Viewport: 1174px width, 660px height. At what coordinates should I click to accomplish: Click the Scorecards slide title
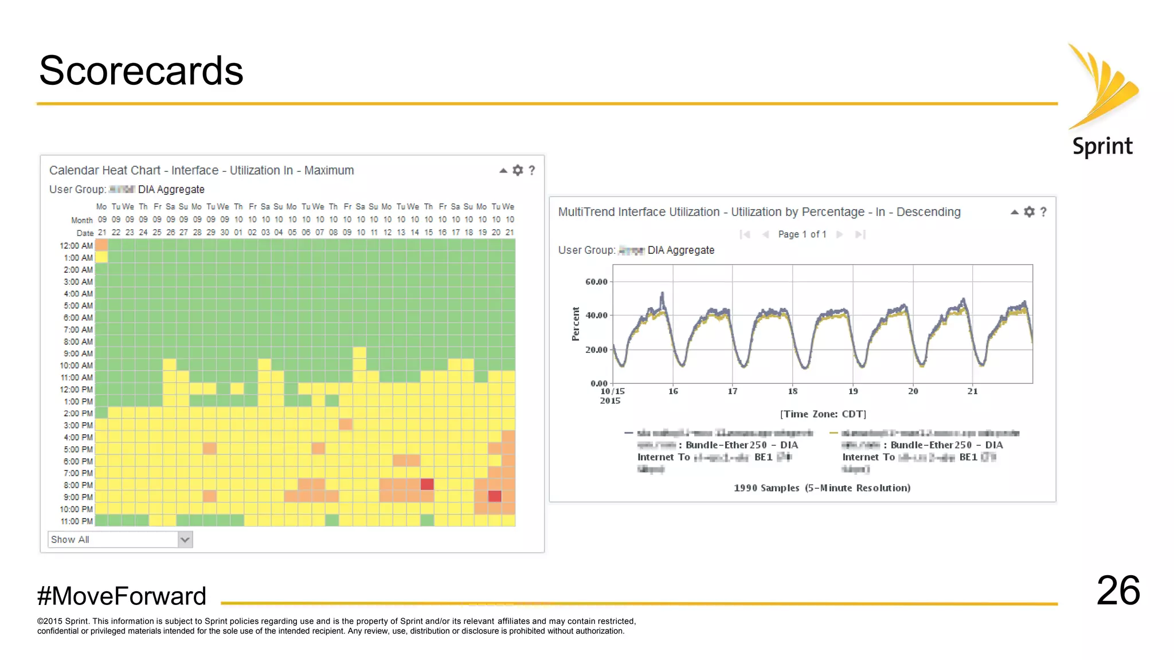coord(141,71)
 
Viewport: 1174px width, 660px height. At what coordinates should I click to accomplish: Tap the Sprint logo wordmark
coord(1102,147)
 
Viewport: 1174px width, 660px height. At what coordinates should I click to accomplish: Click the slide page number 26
coord(1118,591)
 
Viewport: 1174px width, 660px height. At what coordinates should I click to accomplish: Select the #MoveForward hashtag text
coord(122,596)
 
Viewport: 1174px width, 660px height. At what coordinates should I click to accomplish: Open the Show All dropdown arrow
coord(185,540)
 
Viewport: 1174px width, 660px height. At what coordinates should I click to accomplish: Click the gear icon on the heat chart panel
coord(518,170)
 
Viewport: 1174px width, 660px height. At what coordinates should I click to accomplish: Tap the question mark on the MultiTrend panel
coord(1043,212)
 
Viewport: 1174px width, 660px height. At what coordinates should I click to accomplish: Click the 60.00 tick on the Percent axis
coord(596,282)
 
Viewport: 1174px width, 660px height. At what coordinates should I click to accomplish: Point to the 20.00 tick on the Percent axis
coord(596,349)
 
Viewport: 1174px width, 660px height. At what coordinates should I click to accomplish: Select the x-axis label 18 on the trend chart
coord(792,391)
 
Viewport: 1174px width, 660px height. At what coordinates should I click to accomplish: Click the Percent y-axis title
coord(576,324)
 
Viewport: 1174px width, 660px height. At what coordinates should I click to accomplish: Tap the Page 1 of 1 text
coord(802,234)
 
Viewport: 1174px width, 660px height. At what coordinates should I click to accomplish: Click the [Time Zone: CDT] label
coord(823,414)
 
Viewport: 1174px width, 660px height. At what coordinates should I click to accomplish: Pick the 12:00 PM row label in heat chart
coord(76,390)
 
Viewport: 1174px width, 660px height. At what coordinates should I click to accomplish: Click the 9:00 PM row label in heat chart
coord(78,497)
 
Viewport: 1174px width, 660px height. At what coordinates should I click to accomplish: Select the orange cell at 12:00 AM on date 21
coord(101,245)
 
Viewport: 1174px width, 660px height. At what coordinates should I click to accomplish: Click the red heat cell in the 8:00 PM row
coord(427,485)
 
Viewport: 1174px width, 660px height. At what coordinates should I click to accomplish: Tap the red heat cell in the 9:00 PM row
coord(495,497)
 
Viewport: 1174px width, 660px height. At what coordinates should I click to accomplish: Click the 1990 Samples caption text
coord(822,488)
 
